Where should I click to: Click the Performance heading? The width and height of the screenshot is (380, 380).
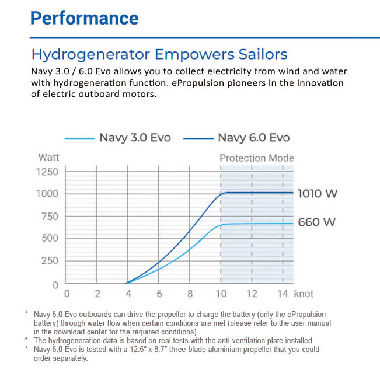coord(84,18)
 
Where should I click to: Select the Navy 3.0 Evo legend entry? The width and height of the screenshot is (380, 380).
coord(135,138)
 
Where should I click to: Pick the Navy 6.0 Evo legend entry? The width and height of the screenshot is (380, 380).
coord(253,138)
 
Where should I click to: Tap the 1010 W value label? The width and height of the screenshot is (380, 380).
coord(318,193)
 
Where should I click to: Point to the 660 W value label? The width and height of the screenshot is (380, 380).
coord(318,222)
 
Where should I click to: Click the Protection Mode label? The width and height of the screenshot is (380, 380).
coord(257,158)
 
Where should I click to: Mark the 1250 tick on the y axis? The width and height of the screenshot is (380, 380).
coord(47,172)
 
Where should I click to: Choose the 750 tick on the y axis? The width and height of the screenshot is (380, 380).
coord(49,217)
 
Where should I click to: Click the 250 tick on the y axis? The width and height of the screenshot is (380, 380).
coord(49,261)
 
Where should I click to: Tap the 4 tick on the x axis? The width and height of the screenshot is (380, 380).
coord(128,294)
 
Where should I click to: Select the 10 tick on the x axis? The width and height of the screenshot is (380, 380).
coord(221,294)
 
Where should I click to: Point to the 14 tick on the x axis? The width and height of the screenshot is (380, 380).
coord(282,294)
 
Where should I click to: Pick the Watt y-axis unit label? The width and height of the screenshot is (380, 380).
coord(48,158)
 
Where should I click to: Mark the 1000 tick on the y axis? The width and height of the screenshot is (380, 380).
coord(47,194)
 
